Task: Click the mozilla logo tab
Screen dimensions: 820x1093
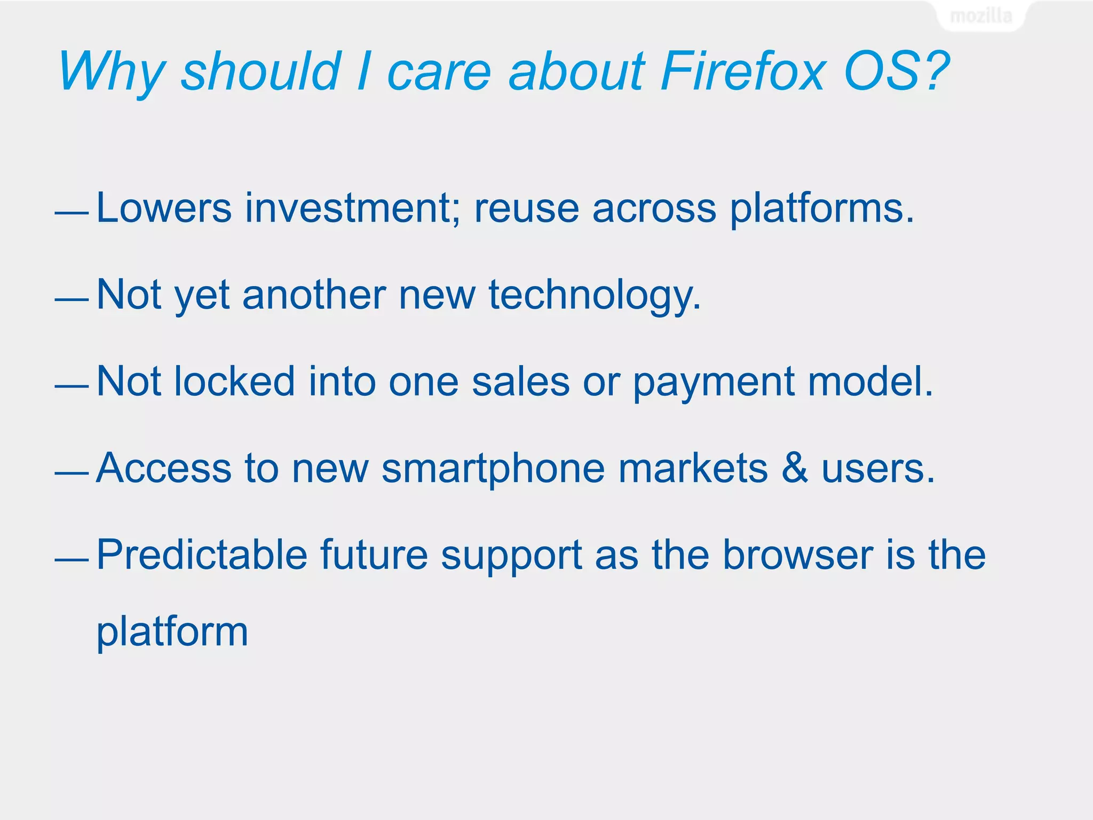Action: (981, 16)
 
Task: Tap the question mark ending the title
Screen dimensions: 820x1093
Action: (934, 71)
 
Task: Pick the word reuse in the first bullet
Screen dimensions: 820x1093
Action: (526, 208)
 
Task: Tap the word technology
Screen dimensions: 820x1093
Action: (594, 295)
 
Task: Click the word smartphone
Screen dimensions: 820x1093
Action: (493, 469)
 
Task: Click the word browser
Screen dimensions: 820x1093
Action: (798, 555)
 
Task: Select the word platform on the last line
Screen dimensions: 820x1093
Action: (172, 632)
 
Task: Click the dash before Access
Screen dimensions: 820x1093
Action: (72, 473)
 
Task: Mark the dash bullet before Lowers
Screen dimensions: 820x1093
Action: (72, 213)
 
